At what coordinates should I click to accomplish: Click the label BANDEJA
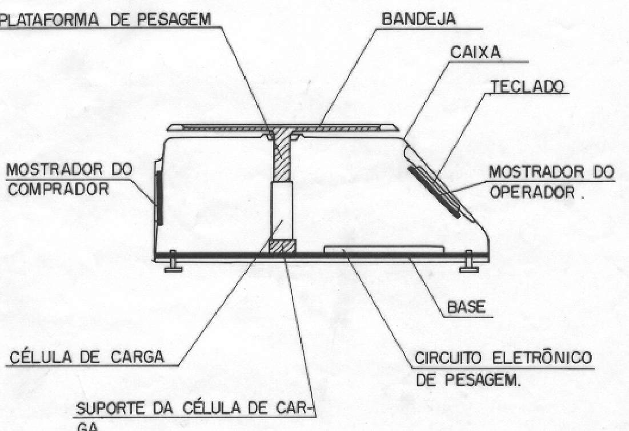tap(418, 18)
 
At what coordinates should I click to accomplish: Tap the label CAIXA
tap(476, 52)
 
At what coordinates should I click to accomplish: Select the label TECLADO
tap(528, 86)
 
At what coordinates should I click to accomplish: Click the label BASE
tap(466, 308)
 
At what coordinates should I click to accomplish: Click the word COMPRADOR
tap(59, 189)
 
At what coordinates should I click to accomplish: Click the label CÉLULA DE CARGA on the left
tap(87, 356)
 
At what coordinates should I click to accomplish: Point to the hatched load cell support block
tap(282, 246)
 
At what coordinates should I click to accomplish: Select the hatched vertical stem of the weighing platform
tap(282, 156)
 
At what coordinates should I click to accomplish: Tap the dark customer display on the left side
tap(159, 194)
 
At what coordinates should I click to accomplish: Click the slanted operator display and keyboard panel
tap(435, 192)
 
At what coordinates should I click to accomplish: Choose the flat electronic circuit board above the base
tap(384, 249)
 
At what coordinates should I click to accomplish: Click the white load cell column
tap(282, 211)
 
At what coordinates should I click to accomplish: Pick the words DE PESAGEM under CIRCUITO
tap(468, 380)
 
